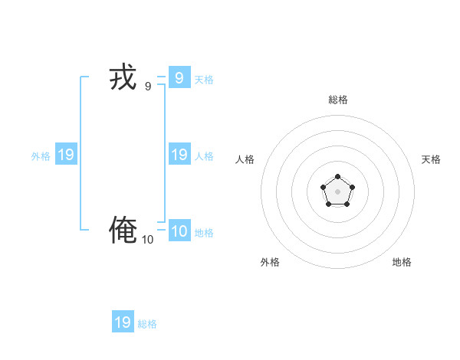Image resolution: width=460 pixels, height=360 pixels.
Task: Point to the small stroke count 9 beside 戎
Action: pyautogui.click(x=148, y=87)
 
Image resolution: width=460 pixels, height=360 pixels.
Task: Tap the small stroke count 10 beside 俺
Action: pyautogui.click(x=147, y=240)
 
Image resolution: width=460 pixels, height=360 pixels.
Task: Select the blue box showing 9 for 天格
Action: pyautogui.click(x=179, y=77)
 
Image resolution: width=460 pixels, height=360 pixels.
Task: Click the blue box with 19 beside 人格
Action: pyautogui.click(x=179, y=155)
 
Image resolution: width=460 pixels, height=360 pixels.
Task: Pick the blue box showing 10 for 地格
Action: pyautogui.click(x=179, y=231)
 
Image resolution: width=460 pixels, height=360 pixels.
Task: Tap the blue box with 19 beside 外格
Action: pyautogui.click(x=66, y=155)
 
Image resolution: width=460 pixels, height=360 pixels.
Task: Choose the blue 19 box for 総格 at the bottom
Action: pyautogui.click(x=123, y=322)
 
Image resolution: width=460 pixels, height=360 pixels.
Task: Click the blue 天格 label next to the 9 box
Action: pyautogui.click(x=204, y=80)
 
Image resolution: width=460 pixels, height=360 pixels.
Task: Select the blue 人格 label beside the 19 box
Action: pyautogui.click(x=204, y=156)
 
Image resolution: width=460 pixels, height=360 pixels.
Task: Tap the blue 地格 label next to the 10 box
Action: pyautogui.click(x=204, y=233)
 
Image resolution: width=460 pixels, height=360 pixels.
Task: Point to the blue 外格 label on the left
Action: pyautogui.click(x=41, y=156)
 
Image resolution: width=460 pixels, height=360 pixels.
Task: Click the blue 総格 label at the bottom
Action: pyautogui.click(x=147, y=325)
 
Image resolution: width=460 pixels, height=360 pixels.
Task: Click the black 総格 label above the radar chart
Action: pyautogui.click(x=338, y=100)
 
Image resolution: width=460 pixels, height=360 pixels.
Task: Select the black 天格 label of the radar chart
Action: pyautogui.click(x=431, y=159)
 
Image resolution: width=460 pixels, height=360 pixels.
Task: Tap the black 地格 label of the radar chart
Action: pyautogui.click(x=402, y=262)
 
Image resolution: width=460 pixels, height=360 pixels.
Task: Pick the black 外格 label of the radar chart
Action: pyautogui.click(x=270, y=262)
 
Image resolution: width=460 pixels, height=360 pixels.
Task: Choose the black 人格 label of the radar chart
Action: pyautogui.click(x=245, y=159)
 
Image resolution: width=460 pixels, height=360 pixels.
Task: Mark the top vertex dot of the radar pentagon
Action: pyautogui.click(x=337, y=177)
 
